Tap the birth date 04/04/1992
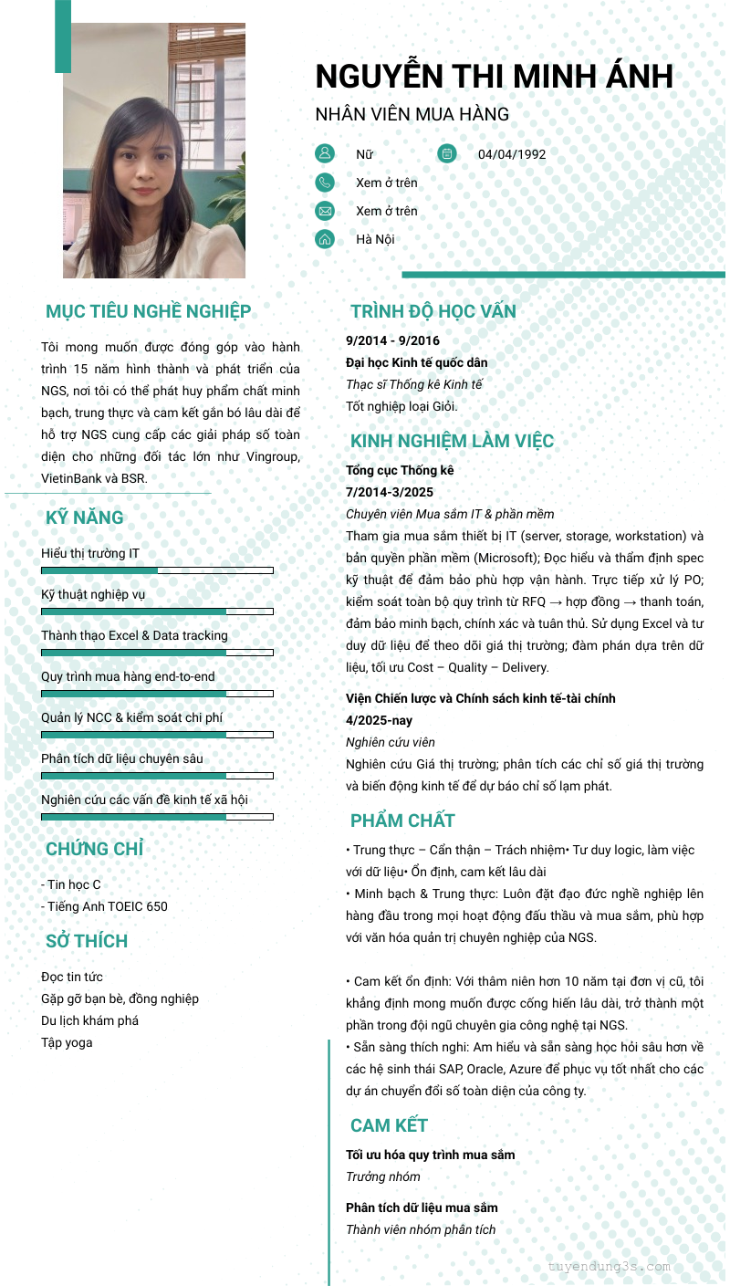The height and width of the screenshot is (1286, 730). (512, 154)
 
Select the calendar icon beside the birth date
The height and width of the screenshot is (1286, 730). (446, 153)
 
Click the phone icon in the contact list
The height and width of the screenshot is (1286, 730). (325, 183)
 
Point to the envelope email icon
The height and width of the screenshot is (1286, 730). (325, 211)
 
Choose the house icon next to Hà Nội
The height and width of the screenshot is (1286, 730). (325, 239)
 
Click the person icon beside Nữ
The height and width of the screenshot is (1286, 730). (325, 153)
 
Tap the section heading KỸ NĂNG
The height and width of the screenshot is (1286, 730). (85, 518)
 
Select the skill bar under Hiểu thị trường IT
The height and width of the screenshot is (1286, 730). (157, 570)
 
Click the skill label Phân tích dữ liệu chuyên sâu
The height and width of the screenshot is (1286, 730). (122, 758)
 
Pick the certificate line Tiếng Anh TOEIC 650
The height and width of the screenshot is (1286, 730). (105, 906)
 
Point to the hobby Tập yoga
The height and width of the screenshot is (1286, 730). (67, 1042)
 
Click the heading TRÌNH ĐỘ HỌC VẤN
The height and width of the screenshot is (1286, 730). (433, 311)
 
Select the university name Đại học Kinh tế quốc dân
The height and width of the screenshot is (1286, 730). (416, 362)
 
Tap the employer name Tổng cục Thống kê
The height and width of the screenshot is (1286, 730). (400, 470)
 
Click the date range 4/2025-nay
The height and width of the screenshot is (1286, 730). (379, 720)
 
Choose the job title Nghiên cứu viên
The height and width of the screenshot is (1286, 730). (391, 742)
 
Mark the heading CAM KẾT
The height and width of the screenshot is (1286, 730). (389, 1124)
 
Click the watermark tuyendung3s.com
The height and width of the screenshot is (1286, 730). (610, 1266)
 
